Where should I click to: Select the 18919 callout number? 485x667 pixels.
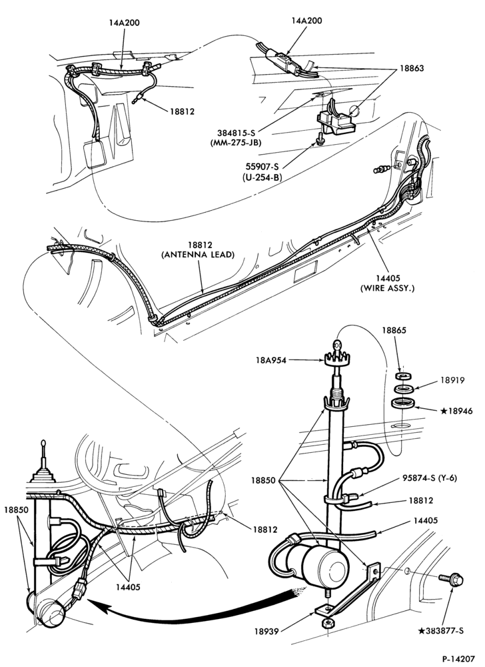(x=452, y=380)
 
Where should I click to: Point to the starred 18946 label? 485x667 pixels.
(x=457, y=411)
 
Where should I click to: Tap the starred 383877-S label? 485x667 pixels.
(x=441, y=630)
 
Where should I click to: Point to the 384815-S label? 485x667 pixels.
(x=236, y=133)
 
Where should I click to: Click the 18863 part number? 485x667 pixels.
(x=411, y=68)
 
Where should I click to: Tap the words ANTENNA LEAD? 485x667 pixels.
(x=198, y=255)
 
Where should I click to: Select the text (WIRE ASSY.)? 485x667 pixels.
(x=387, y=288)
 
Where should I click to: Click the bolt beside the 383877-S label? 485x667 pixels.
(x=452, y=579)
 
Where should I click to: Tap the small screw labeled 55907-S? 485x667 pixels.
(x=318, y=137)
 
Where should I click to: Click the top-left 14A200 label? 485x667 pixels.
(x=123, y=23)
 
